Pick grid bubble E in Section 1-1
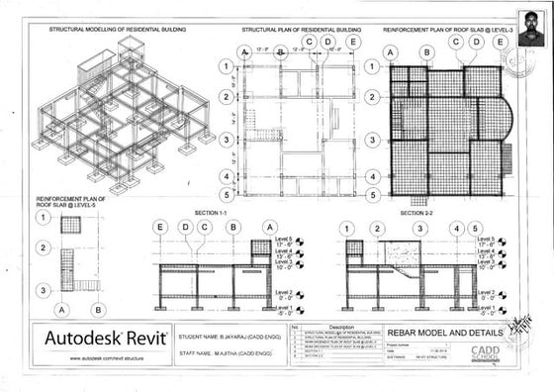pyautogui.click(x=159, y=228)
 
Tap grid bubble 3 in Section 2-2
pyautogui.click(x=418, y=228)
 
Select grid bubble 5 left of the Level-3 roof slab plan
pyautogui.click(x=372, y=195)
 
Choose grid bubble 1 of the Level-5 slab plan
pyautogui.click(x=45, y=218)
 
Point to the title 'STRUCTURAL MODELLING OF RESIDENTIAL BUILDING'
pyautogui.click(x=117, y=31)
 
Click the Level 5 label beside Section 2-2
pyautogui.click(x=485, y=240)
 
